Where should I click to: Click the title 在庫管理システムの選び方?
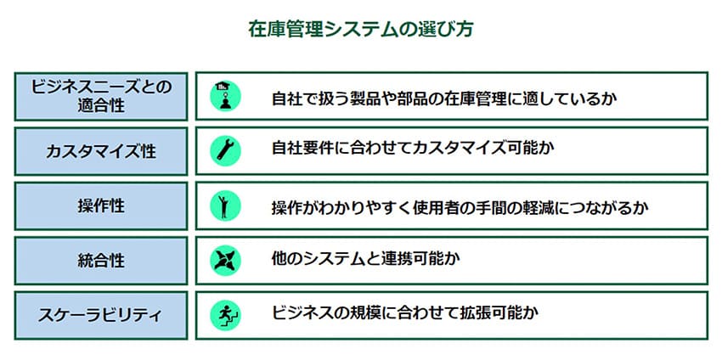[360, 29]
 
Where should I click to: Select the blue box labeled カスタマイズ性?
[101, 151]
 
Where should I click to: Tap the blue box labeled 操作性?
[101, 205]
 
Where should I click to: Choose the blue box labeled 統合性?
[101, 261]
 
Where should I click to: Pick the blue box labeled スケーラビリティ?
[101, 315]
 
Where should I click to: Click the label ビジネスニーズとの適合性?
[101, 96]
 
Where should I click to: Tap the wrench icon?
[226, 151]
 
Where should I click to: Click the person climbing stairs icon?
[226, 315]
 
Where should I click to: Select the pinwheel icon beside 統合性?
[226, 261]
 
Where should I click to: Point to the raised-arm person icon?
[226, 205]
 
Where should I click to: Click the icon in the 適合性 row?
[226, 96]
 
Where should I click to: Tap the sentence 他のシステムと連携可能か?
[366, 259]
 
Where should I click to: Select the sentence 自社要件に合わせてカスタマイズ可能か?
[413, 149]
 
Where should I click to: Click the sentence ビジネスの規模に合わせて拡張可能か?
[405, 313]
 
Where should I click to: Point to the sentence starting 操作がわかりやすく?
[460, 208]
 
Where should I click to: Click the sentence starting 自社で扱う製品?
[444, 98]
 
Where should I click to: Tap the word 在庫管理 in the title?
[285, 29]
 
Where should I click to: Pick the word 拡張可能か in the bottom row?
[499, 313]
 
